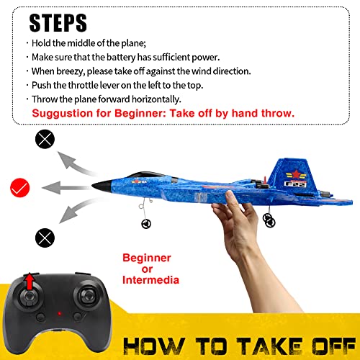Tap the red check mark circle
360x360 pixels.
[x=19, y=188]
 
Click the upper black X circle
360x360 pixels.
[x=45, y=140]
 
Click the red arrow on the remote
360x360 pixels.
[x=29, y=279]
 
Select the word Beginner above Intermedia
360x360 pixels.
[x=147, y=257]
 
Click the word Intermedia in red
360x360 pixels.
[x=151, y=279]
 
